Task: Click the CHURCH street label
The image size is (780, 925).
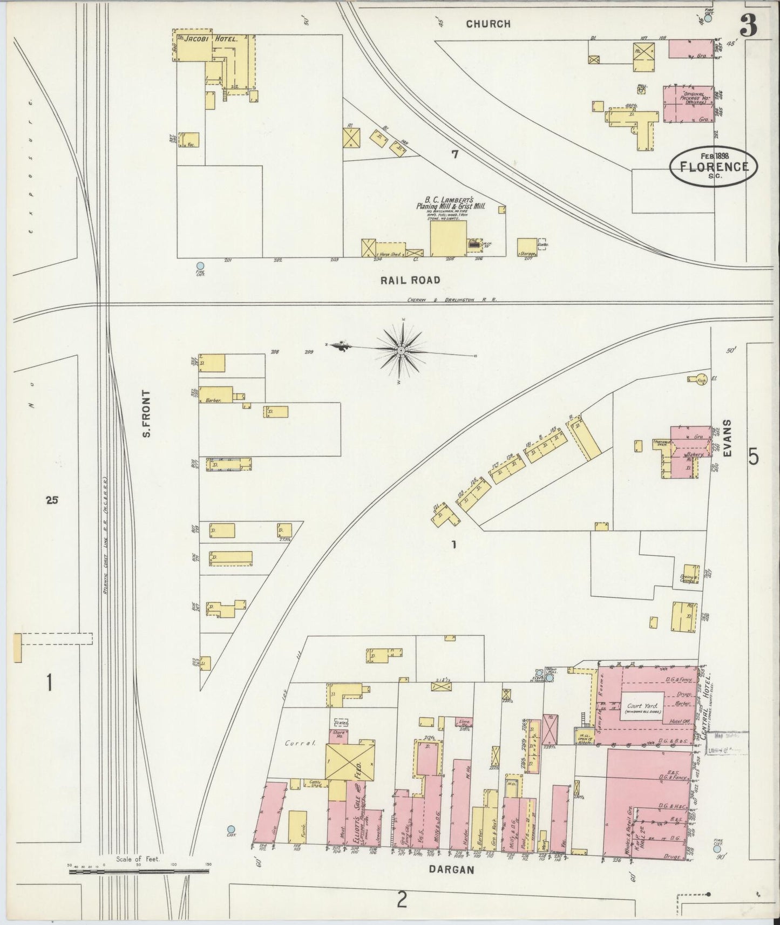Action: coord(488,24)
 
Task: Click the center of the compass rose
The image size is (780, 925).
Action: coord(401,351)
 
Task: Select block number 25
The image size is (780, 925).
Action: coord(52,500)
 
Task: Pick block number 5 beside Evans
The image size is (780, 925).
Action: coord(754,457)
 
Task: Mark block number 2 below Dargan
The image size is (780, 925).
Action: coord(401,900)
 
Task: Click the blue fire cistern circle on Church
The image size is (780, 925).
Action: coord(708,18)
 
